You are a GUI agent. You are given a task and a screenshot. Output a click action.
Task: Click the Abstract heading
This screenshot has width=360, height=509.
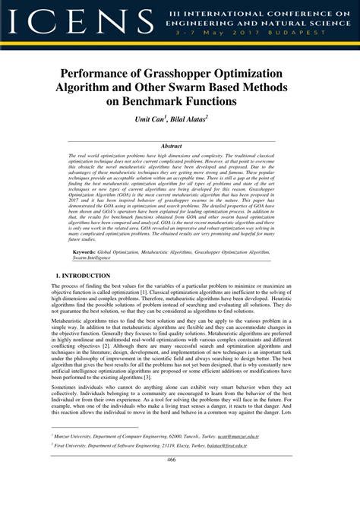tap(180, 145)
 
